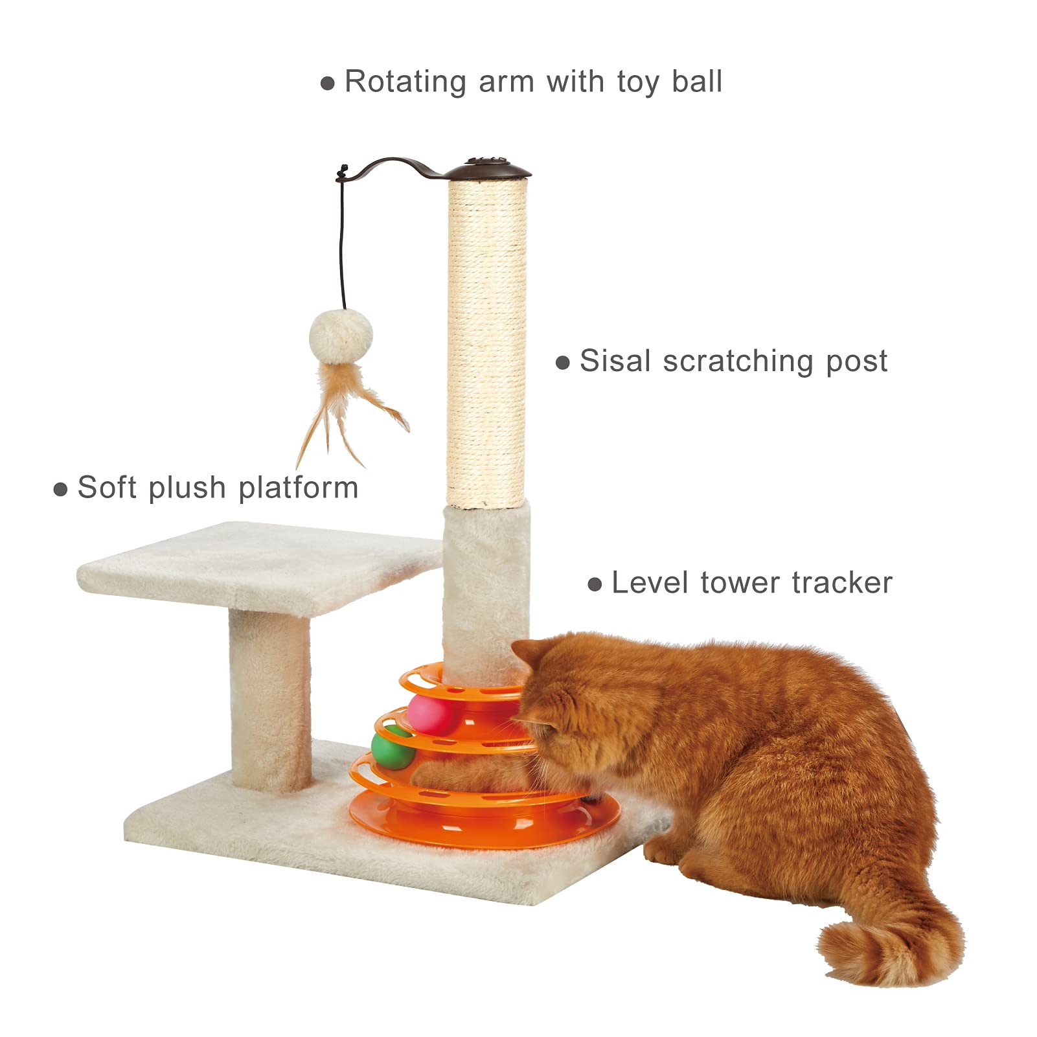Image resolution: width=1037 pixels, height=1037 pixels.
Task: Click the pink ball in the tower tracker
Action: click(x=431, y=715)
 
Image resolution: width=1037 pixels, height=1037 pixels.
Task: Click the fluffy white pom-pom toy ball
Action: click(x=341, y=336)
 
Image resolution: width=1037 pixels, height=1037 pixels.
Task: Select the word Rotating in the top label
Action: click(x=405, y=82)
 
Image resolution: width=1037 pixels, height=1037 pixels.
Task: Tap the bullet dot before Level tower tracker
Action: click(x=595, y=585)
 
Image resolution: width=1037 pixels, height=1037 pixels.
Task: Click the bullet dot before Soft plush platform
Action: click(x=60, y=489)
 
